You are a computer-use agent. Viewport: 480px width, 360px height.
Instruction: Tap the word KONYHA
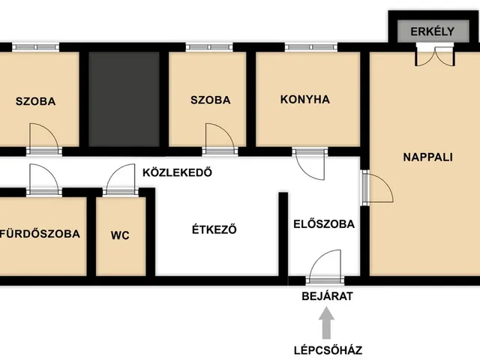[305, 99]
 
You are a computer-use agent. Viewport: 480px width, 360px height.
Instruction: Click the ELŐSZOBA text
[323, 223]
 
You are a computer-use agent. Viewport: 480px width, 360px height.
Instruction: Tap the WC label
[120, 235]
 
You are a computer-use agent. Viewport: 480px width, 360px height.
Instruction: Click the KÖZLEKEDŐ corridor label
[177, 172]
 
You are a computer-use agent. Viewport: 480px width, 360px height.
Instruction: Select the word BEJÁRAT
[327, 295]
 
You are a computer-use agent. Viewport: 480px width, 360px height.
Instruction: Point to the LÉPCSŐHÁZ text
[327, 349]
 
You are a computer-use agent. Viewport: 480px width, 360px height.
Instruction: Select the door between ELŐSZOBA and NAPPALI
[376, 187]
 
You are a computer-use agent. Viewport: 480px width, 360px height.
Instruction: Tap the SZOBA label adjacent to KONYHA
[210, 100]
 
